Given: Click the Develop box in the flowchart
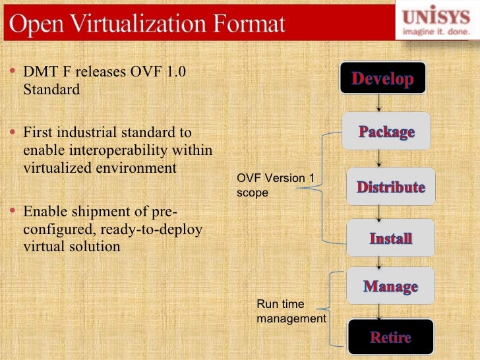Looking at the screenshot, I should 382,79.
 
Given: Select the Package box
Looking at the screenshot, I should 386,131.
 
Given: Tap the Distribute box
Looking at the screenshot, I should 391,187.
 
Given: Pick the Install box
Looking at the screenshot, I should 391,238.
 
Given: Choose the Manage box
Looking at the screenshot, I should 390,286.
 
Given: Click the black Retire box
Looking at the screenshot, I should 390,338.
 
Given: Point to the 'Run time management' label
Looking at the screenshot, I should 291,311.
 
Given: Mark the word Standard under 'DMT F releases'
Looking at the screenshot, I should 51,89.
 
